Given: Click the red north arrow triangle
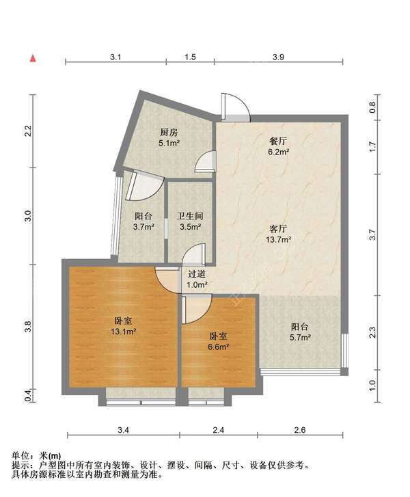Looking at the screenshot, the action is tap(33, 58).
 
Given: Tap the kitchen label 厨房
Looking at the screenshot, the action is tap(169, 132).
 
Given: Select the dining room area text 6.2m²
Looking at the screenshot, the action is tap(279, 152).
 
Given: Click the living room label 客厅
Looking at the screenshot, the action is tap(278, 228).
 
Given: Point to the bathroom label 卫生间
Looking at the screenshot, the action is tap(190, 216).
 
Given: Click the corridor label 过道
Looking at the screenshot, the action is tap(197, 274).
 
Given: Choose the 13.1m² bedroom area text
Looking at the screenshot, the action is tap(123, 332).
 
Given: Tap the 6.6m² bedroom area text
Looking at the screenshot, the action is tap(218, 347).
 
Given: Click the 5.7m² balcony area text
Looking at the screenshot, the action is tap(300, 337).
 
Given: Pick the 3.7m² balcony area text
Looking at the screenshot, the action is tap(143, 227).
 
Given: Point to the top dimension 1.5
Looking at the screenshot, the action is tap(190, 57).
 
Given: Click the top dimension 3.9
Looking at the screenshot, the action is tap(278, 57).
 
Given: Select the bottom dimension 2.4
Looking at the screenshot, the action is tap(219, 430).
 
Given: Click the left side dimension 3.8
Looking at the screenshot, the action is tap(28, 327).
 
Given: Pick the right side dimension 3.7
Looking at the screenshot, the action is tap(372, 234).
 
